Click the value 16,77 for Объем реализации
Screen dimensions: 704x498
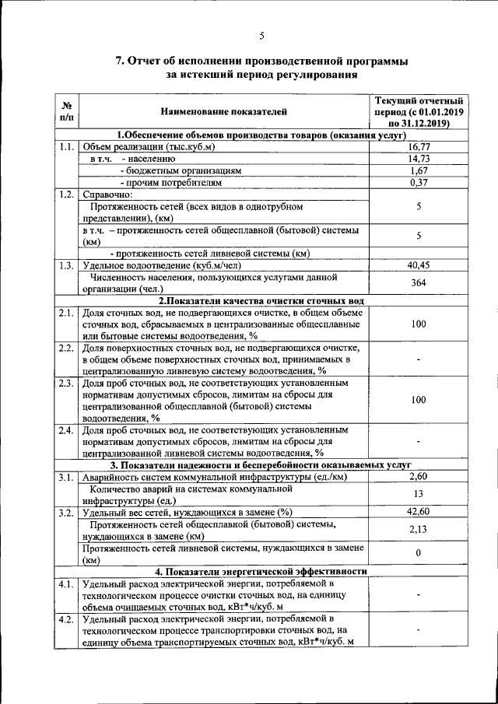[419, 146]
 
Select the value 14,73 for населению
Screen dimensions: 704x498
[419, 158]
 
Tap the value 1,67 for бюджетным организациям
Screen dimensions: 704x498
[419, 170]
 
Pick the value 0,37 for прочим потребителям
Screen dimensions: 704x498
[419, 182]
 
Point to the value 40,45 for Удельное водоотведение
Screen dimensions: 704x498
[419, 265]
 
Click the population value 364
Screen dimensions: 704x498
[419, 282]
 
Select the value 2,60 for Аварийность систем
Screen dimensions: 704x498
[419, 476]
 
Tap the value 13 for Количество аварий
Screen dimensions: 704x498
[419, 494]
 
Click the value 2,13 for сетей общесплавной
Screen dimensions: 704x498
[419, 530]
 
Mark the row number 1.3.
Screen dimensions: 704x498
[66, 265]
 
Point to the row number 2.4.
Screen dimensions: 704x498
[66, 429]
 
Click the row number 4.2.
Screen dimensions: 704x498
[66, 619]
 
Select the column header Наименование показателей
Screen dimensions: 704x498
[224, 112]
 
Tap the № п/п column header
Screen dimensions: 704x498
[66, 112]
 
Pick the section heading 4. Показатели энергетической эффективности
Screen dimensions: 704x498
[260, 571]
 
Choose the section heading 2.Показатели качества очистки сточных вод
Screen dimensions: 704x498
[261, 300]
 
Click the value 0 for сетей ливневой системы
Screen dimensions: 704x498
[419, 553]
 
